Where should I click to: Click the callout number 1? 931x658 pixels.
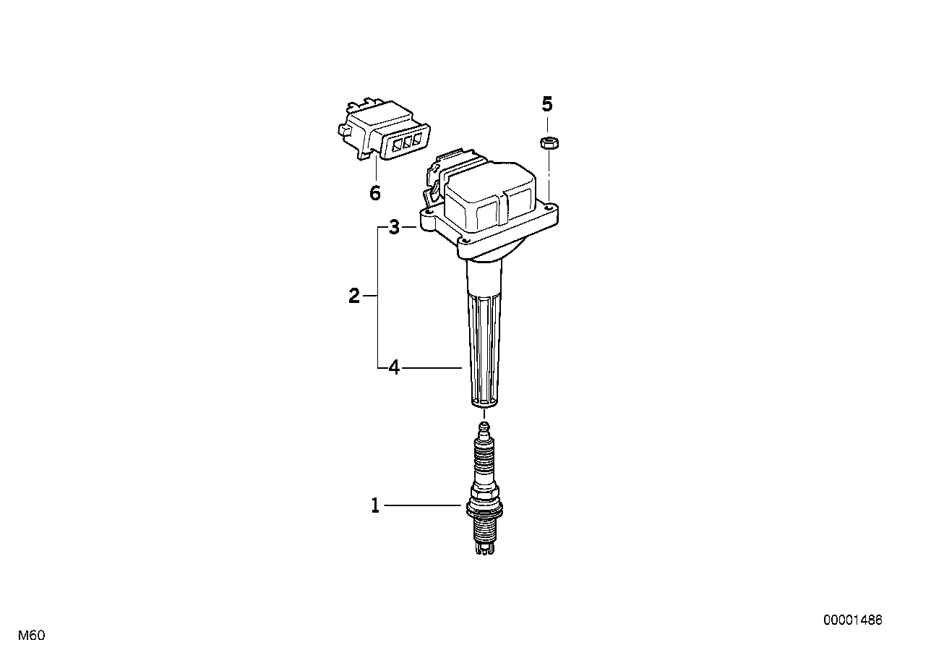pos(375,506)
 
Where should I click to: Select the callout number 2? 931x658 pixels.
pos(353,296)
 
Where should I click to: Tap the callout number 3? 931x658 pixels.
pos(394,227)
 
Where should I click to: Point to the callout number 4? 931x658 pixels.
pos(394,368)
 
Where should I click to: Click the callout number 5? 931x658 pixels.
pos(547,104)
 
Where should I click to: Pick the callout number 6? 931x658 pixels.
pos(375,193)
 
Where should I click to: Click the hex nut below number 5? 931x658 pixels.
pos(549,143)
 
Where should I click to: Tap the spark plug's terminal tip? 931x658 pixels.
pos(484,427)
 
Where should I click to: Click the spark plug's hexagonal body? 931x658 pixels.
pos(484,505)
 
